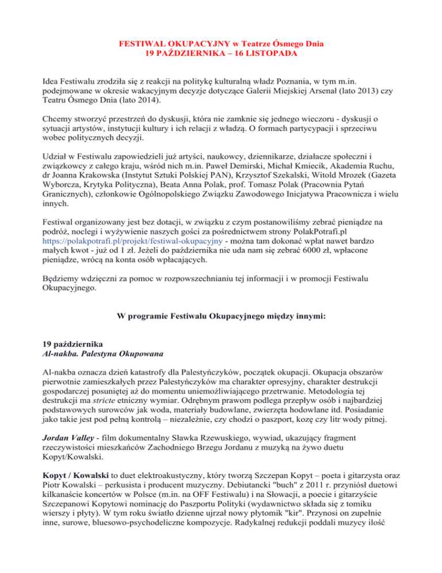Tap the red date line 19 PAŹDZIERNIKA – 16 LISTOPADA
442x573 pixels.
(x=220, y=54)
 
